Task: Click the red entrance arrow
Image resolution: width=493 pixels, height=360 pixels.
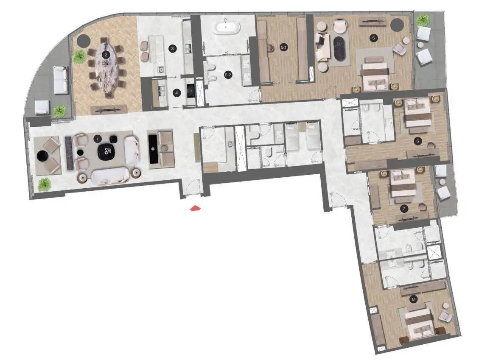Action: coord(196,208)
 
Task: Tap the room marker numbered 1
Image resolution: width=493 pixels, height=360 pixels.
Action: coord(98,139)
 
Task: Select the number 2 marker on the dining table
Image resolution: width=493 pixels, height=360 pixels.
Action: coord(106,55)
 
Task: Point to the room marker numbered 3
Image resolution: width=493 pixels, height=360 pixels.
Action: coord(172,48)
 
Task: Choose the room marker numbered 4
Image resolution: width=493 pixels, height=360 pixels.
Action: coord(176,93)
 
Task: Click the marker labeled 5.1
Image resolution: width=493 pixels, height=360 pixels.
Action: coord(283,47)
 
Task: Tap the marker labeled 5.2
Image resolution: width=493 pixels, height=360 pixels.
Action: coord(228,75)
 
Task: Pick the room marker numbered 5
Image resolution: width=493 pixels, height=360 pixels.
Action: coord(373,38)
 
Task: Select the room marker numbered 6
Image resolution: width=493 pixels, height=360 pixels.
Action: coord(417,141)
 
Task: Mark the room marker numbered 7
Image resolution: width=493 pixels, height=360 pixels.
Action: coord(404,208)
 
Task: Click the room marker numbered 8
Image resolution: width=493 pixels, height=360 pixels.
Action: coord(413,299)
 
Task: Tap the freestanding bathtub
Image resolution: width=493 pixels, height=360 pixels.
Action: coord(227,27)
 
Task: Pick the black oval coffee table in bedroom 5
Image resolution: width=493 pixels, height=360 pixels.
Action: coord(339,48)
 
